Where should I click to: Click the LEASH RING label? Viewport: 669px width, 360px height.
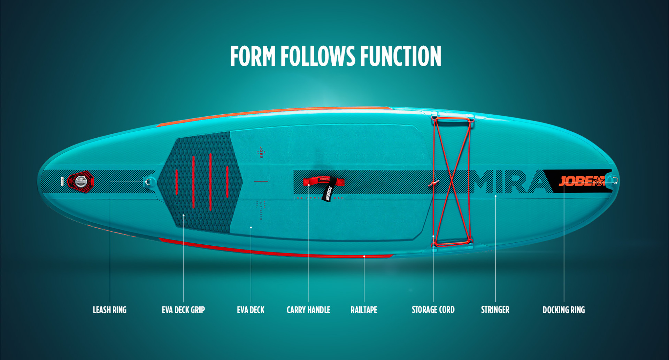tap(109, 310)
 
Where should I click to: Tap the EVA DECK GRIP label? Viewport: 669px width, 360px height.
tap(183, 310)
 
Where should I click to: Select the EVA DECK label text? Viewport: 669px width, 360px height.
tap(251, 310)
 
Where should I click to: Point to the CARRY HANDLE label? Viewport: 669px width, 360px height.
tap(308, 310)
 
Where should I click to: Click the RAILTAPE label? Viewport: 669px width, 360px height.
tap(364, 310)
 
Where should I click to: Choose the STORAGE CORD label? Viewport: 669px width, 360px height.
tap(433, 309)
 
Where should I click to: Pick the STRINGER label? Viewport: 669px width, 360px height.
tap(495, 309)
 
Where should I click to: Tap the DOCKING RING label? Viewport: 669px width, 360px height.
tap(563, 310)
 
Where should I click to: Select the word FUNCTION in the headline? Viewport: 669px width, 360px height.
tap(401, 56)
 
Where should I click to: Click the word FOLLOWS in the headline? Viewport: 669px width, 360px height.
tap(318, 56)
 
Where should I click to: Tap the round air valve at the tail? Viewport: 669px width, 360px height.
tap(81, 181)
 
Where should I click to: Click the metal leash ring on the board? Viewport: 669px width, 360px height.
tap(149, 182)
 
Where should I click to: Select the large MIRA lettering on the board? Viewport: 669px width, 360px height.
tap(509, 182)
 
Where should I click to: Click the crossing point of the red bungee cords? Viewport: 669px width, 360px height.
tap(452, 181)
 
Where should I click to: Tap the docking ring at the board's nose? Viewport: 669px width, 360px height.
tap(615, 181)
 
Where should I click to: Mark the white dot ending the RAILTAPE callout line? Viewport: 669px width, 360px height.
tap(364, 256)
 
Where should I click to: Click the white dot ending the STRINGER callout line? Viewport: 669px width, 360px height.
tap(495, 196)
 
